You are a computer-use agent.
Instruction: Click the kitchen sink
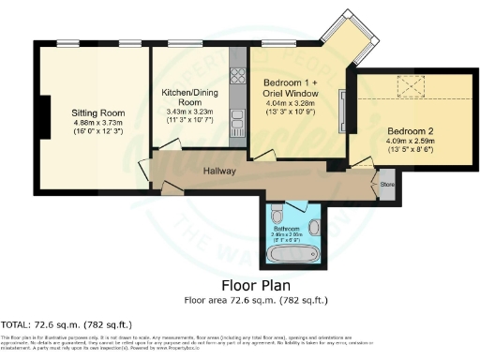click(x=237, y=119)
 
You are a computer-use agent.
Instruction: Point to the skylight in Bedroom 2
click(x=411, y=89)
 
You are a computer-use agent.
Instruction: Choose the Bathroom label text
click(x=286, y=228)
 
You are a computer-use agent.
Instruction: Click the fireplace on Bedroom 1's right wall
click(x=342, y=110)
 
